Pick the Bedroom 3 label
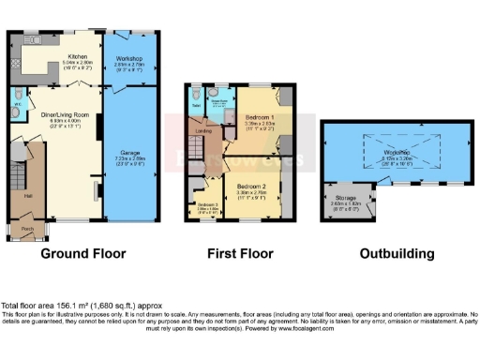coord(208,205)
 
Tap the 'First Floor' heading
coord(240,253)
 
